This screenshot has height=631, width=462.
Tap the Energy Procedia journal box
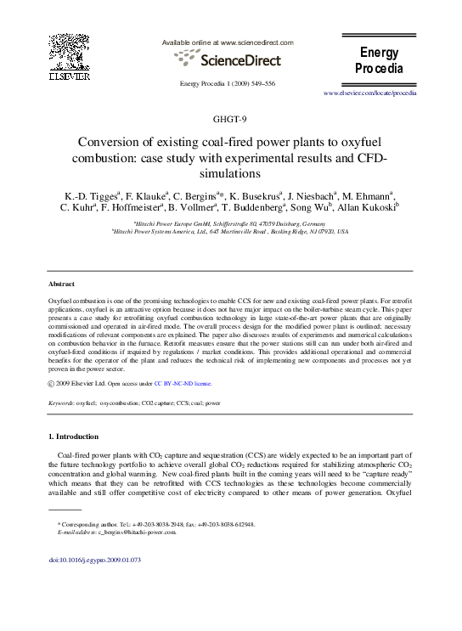(378, 60)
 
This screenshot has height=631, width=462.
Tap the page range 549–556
(257, 83)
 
